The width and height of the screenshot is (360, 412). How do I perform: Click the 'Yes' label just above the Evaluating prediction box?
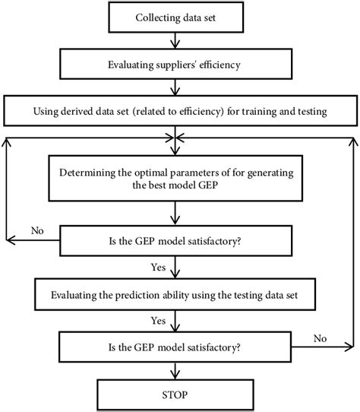tap(159, 268)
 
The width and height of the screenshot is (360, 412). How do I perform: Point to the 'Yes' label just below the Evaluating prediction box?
tap(159, 321)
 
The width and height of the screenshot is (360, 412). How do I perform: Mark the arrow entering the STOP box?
tap(175, 372)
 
